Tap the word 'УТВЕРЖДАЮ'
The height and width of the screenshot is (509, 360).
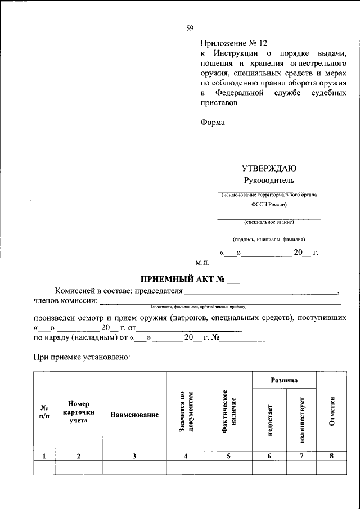click(x=269, y=168)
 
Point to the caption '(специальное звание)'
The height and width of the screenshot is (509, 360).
click(x=269, y=222)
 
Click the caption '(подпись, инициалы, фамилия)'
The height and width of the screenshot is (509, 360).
click(x=269, y=240)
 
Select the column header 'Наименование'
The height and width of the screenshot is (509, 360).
click(x=134, y=415)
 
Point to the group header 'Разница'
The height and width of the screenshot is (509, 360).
click(x=285, y=381)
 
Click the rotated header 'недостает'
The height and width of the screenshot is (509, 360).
click(x=269, y=420)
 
